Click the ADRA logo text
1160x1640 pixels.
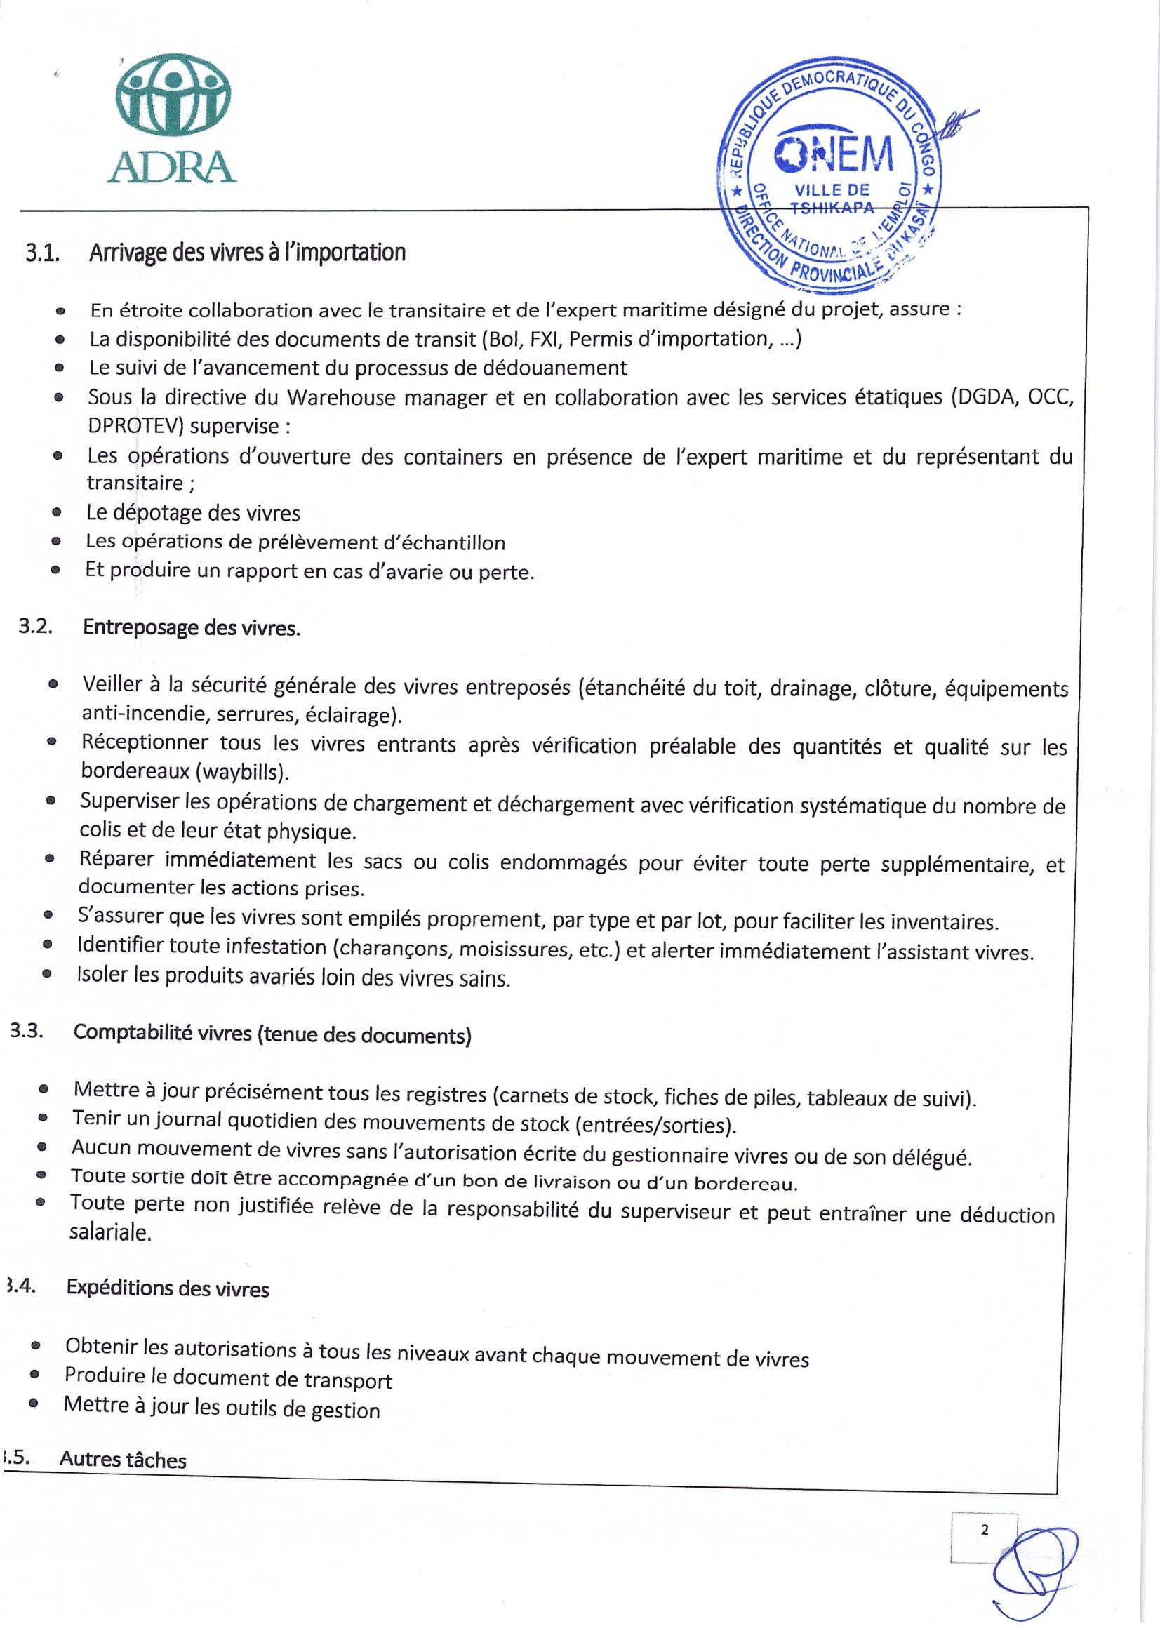pyautogui.click(x=171, y=166)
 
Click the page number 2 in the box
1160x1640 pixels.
pyautogui.click(x=985, y=1529)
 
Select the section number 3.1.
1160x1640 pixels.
pyautogui.click(x=42, y=253)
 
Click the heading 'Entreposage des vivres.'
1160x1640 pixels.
pyautogui.click(x=192, y=628)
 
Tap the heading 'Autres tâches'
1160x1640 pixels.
pyautogui.click(x=123, y=1459)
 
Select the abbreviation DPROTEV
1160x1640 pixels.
pyautogui.click(x=135, y=426)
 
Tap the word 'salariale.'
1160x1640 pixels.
pyautogui.click(x=110, y=1233)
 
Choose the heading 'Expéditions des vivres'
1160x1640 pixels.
pyautogui.click(x=168, y=1288)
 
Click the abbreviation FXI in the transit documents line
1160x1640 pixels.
pyautogui.click(x=545, y=338)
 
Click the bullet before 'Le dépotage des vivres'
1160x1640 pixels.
pyautogui.click(x=56, y=513)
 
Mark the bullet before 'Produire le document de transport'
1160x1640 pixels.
pyautogui.click(x=34, y=1375)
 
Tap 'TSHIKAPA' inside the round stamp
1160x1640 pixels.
pyautogui.click(x=832, y=208)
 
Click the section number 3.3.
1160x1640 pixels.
pyautogui.click(x=27, y=1031)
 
